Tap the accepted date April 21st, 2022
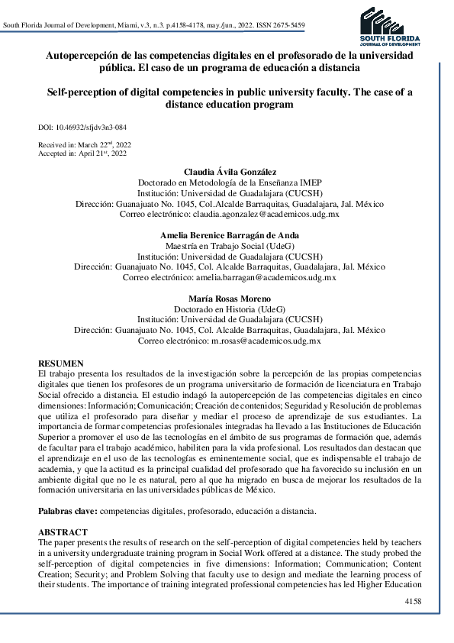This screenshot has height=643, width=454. click(x=98, y=153)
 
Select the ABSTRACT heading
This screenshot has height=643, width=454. click(x=63, y=532)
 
